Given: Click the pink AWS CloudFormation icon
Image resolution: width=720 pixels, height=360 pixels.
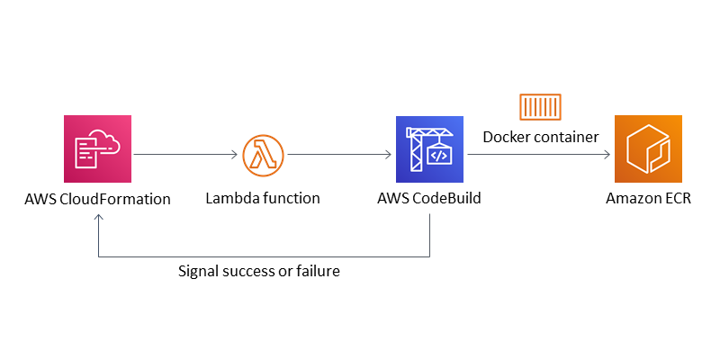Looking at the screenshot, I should (x=97, y=148).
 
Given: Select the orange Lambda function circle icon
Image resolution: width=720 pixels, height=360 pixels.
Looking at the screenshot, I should (x=262, y=156).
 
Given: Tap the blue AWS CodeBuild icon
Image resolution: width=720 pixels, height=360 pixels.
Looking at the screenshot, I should (x=429, y=148).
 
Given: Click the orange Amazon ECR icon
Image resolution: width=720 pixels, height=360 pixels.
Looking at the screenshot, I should (x=648, y=148).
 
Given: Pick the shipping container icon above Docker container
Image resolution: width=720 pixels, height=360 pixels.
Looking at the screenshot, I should (x=540, y=106).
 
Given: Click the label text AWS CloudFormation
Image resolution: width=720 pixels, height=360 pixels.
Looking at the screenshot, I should (x=97, y=198).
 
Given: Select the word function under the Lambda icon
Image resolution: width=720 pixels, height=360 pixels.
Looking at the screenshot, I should (x=289, y=198).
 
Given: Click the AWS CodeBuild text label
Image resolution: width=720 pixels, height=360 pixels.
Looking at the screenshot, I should (x=429, y=198).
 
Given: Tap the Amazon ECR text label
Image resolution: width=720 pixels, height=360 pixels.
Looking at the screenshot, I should (x=648, y=198).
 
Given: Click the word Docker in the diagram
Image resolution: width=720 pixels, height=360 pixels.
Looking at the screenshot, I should (x=507, y=137).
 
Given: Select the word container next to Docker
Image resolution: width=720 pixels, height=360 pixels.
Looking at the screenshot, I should (x=565, y=137).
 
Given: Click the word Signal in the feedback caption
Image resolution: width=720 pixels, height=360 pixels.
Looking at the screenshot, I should (x=200, y=271).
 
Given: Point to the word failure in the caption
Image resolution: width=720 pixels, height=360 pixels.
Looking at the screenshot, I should (x=317, y=271).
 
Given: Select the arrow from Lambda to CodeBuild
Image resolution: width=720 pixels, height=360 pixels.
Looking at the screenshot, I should (x=338, y=156).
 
